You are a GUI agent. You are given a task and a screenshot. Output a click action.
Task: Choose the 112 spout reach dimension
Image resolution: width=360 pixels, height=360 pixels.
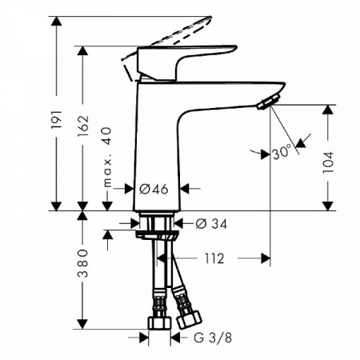coord(214,258)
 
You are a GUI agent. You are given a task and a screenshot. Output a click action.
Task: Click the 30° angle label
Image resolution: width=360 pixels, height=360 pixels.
coord(280,152)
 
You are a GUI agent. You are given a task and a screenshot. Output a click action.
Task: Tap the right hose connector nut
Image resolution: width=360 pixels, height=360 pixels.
coord(189,320)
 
